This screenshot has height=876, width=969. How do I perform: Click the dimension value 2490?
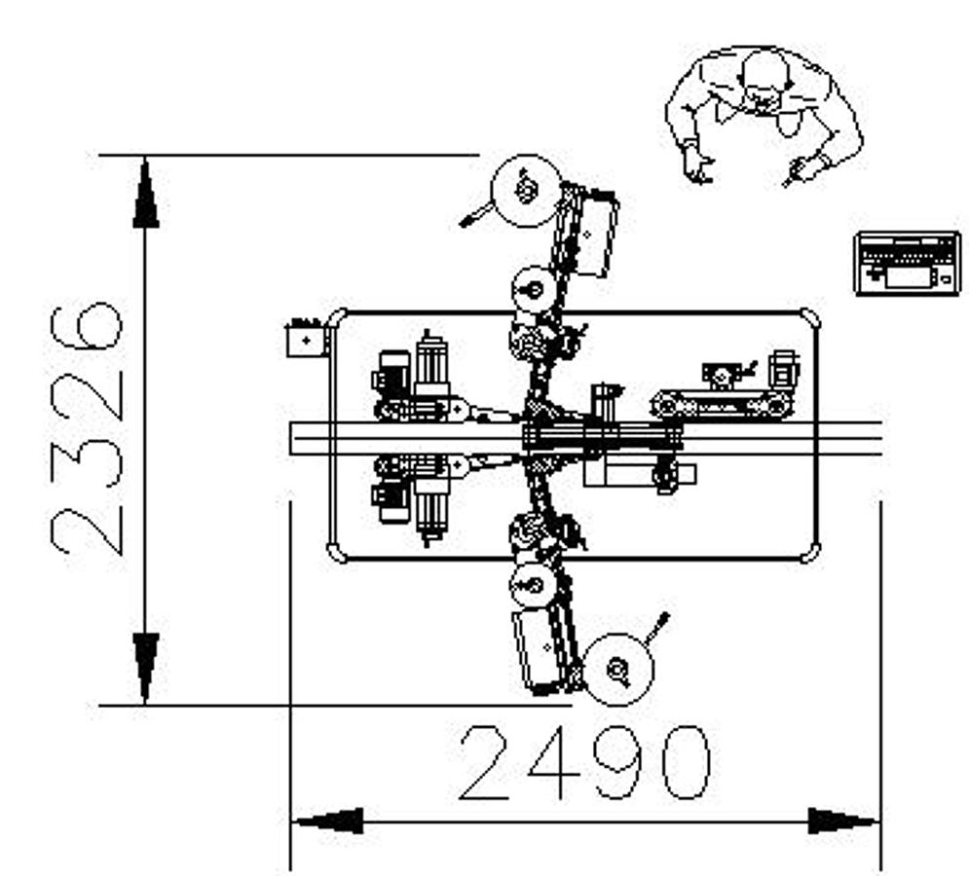pyautogui.click(x=584, y=762)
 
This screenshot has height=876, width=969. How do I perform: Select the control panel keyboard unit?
pyautogui.click(x=908, y=262)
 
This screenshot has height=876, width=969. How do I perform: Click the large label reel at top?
pyautogui.click(x=526, y=190)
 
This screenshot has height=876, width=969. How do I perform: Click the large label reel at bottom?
pyautogui.click(x=618, y=669)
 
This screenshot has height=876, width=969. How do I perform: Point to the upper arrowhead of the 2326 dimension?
pyautogui.click(x=145, y=193)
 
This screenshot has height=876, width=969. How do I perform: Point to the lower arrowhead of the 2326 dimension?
pyautogui.click(x=145, y=667)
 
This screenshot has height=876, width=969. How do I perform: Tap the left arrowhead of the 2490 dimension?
pyautogui.click(x=327, y=821)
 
